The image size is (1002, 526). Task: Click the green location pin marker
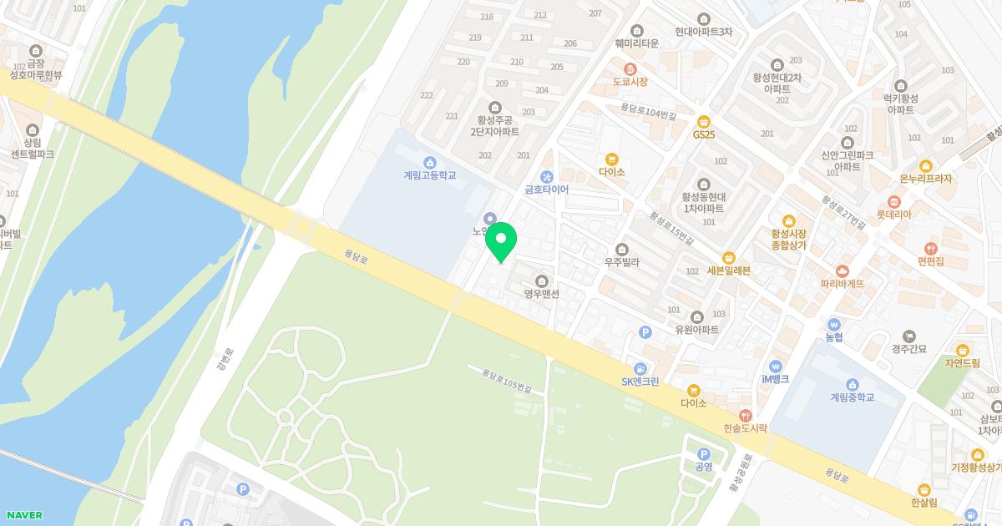pos(501,240)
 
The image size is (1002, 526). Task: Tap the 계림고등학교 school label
pos(429,176)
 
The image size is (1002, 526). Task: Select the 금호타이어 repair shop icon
pos(547,176)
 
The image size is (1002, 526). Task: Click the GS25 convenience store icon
pos(704,120)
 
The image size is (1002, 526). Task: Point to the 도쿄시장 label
pos(630,82)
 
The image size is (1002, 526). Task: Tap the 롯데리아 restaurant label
pos(893,215)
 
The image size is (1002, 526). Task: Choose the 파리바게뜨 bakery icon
pos(842,271)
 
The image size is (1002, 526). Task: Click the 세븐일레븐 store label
pos(728,271)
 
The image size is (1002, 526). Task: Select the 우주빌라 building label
pos(621,262)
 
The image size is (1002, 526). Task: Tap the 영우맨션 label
pos(541,294)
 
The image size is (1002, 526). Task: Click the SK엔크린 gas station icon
pos(640,368)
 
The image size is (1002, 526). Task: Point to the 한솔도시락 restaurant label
pos(745,428)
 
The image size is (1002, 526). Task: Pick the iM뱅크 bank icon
pos(775,366)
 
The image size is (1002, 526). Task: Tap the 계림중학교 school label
pos(852,397)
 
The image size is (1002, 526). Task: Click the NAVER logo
pos(23,515)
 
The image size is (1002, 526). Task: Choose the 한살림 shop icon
pos(924,489)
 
